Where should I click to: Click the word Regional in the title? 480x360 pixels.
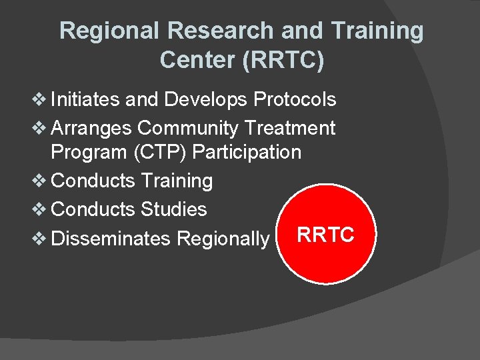coord(110,31)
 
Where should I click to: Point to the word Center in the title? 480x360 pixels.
coord(197,60)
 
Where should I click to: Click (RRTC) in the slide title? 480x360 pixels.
coord(283,60)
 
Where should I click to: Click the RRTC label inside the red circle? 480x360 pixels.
coord(325,235)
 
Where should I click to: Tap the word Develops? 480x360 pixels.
coord(206,100)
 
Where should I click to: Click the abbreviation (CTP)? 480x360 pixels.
coord(157,152)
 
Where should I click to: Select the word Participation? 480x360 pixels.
coord(247,152)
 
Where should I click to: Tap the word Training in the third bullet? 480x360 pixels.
coord(176,181)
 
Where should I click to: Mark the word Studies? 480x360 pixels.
coord(173,209)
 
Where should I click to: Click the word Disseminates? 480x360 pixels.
coord(110,238)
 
